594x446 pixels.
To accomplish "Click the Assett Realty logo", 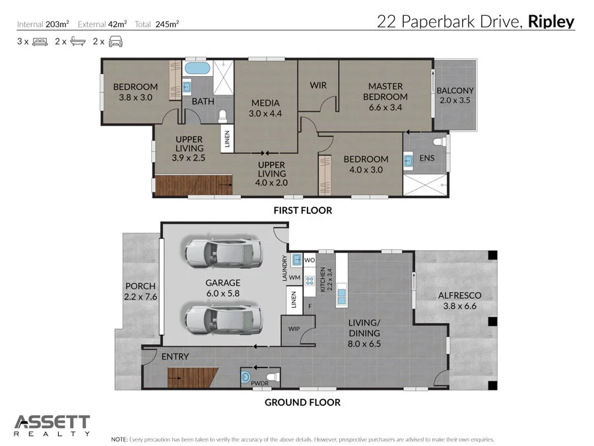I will click(52, 425).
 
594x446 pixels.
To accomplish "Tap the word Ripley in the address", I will click(551, 22).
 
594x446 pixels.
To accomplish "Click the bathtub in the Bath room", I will click(196, 69).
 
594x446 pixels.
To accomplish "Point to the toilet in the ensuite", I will click(436, 141).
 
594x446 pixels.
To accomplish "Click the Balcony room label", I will click(455, 91).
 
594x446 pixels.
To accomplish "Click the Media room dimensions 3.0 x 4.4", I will click(265, 114).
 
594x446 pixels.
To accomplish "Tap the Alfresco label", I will click(460, 295).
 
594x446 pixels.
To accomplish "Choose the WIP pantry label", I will click(294, 328).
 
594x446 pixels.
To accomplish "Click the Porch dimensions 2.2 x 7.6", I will click(140, 297).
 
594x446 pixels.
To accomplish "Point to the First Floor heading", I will click(302, 211).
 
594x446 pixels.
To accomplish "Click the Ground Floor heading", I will click(302, 402).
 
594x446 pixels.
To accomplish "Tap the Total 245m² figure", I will click(167, 24).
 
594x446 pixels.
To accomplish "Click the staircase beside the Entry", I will click(193, 379).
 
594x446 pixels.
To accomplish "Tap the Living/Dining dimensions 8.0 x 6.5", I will click(365, 344).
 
